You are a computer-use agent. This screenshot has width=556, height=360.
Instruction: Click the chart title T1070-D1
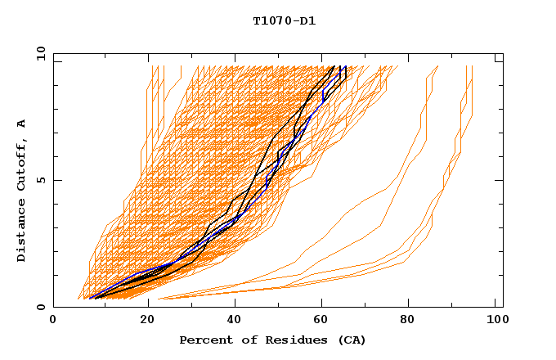(285, 20)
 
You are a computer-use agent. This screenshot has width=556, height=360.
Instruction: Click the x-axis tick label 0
(53, 321)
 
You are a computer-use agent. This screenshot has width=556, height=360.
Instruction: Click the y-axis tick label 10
(39, 53)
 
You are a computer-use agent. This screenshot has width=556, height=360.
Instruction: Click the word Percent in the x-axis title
(204, 340)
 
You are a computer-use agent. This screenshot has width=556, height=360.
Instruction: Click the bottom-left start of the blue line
(89, 298)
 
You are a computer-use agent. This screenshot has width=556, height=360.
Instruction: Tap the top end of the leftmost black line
(334, 66)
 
